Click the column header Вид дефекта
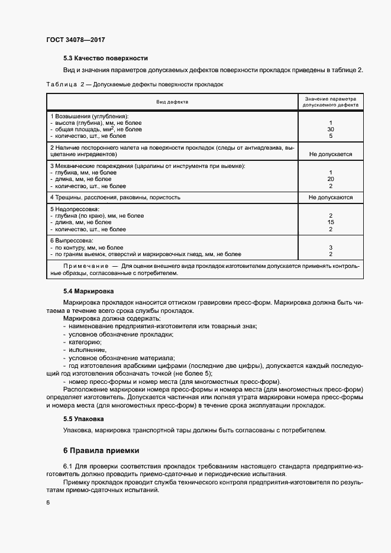click(x=172, y=102)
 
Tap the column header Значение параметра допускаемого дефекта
click(x=330, y=102)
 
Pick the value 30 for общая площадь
click(x=330, y=129)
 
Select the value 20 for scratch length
click(x=330, y=179)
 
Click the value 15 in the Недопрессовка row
click(x=330, y=222)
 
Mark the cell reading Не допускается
click(x=330, y=154)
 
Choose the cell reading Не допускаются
click(x=330, y=197)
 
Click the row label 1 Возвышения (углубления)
click(x=89, y=117)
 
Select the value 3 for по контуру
click(x=330, y=247)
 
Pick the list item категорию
click(x=85, y=342)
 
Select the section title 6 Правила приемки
click(x=101, y=450)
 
